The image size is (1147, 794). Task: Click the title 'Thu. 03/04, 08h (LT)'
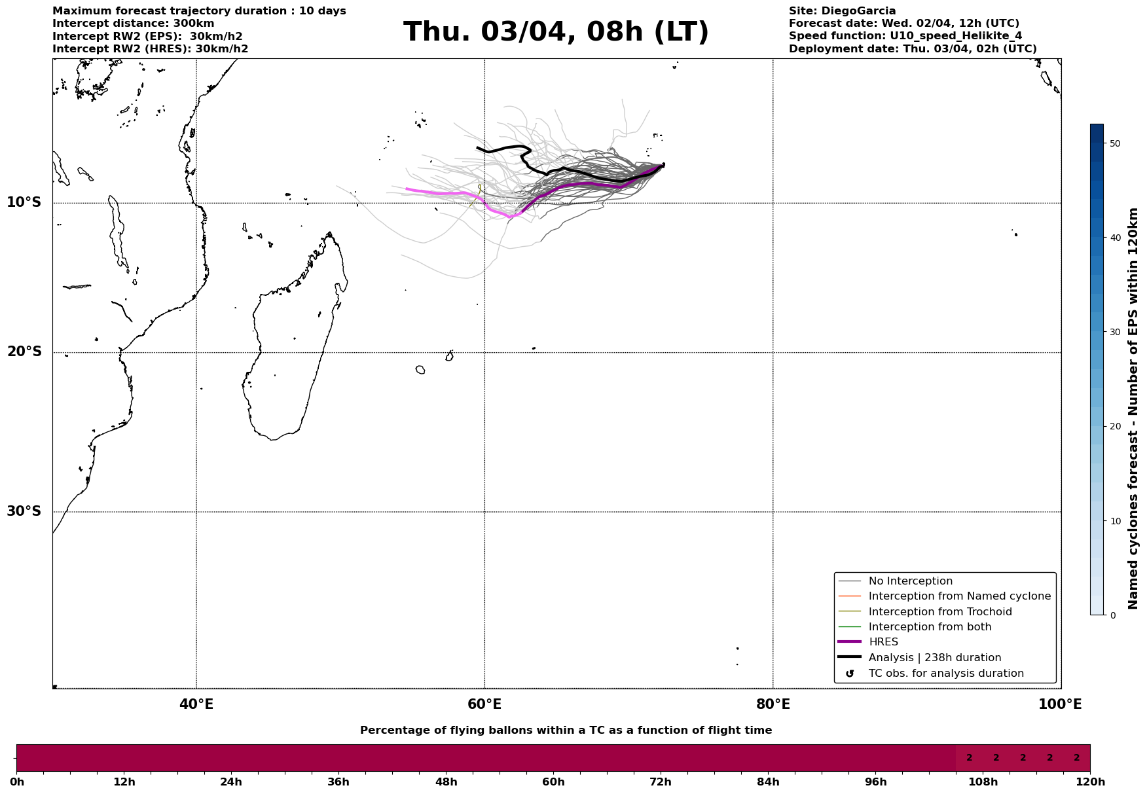[x=556, y=32]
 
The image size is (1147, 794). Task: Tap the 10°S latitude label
[x=24, y=202]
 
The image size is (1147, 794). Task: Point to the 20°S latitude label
[x=24, y=352]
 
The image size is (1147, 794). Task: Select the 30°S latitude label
[x=24, y=511]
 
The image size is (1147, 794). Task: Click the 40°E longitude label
[x=196, y=704]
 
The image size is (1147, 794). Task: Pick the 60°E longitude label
[x=484, y=704]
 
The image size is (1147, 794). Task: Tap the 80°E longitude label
[x=773, y=704]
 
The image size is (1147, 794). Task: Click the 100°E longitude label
[x=1059, y=704]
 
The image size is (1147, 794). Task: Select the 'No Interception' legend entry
[x=910, y=581]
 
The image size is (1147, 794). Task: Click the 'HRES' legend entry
[x=883, y=642]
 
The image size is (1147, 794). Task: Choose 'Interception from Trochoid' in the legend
[x=939, y=612]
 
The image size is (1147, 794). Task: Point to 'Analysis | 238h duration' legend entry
[x=934, y=658]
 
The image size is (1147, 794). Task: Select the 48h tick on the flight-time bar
[x=446, y=782]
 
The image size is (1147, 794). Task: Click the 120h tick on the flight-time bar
[x=1089, y=782]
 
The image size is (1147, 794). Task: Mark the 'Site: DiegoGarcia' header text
[x=842, y=11]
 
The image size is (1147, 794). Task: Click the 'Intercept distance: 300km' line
[x=133, y=24]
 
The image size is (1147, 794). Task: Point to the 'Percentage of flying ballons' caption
[x=566, y=731]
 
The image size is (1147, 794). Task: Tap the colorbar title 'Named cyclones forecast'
[x=1133, y=408]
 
